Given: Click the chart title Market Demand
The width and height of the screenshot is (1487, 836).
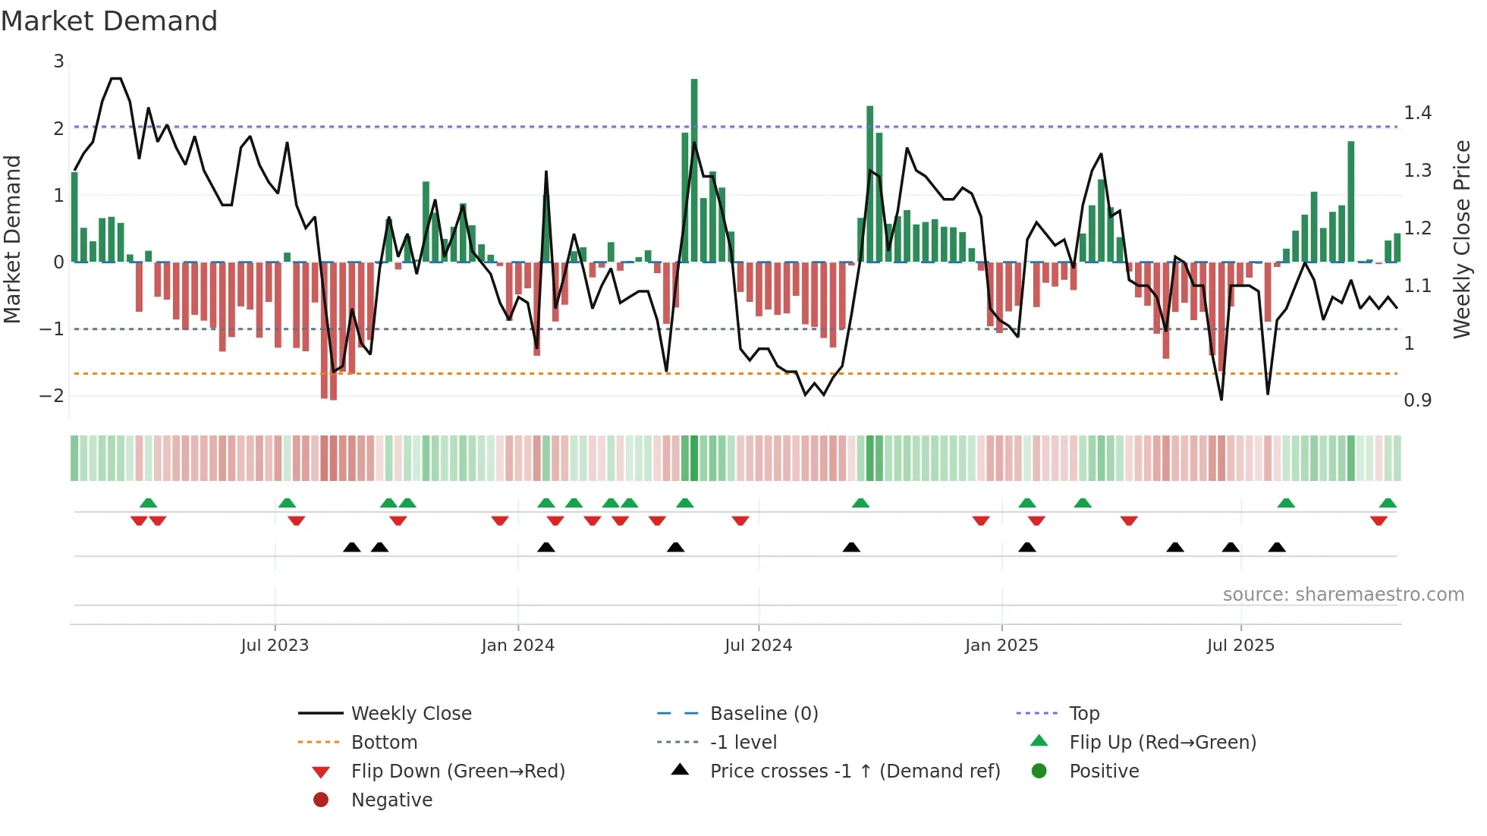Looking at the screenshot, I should pos(109,21).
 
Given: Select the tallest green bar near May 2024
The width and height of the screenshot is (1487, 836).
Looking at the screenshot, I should pos(694,171).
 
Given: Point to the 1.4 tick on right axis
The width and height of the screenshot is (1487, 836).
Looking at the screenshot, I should pos(1417,113).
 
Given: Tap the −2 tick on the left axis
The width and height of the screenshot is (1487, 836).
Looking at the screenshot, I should pos(52,395).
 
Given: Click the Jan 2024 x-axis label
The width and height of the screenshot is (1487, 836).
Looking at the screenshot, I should pos(517,646).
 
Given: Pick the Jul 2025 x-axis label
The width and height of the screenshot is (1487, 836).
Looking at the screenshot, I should pos(1240,646).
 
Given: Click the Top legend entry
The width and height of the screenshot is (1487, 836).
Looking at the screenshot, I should pos(1083,714).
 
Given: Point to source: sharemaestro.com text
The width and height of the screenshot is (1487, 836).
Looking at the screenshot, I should pos(1343,595).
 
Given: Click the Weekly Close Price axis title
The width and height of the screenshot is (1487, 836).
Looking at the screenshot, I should pos(1461,239).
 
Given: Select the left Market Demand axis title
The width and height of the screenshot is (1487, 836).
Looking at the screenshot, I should pos(13,239).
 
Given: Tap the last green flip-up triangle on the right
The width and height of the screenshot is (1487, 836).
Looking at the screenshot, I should pos(1388,503).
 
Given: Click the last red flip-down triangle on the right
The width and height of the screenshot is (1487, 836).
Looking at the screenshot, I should pos(1379,520).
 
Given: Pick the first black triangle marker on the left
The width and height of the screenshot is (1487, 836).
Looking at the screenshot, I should pos(352,547).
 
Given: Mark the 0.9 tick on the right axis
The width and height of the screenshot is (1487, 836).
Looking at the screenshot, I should pos(1417,401).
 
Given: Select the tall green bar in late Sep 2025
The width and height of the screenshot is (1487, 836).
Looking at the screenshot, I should pos(1351,201).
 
